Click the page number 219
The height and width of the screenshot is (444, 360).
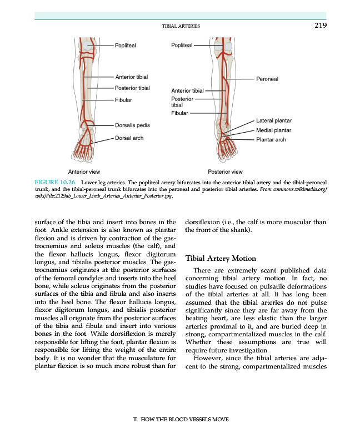319,26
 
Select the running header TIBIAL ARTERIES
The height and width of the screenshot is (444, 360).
181,27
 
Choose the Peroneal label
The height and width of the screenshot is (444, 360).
267,79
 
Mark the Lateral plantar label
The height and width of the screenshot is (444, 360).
274,120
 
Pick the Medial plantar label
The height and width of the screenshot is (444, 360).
274,130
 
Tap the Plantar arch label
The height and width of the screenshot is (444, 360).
271,139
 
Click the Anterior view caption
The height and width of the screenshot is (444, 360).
84,171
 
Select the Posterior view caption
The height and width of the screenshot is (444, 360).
224,171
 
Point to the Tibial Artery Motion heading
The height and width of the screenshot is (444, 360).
221,259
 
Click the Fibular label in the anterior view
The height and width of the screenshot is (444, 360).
123,100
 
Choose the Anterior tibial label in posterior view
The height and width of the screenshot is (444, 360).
188,90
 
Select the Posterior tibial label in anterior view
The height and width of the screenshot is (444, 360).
132,88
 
